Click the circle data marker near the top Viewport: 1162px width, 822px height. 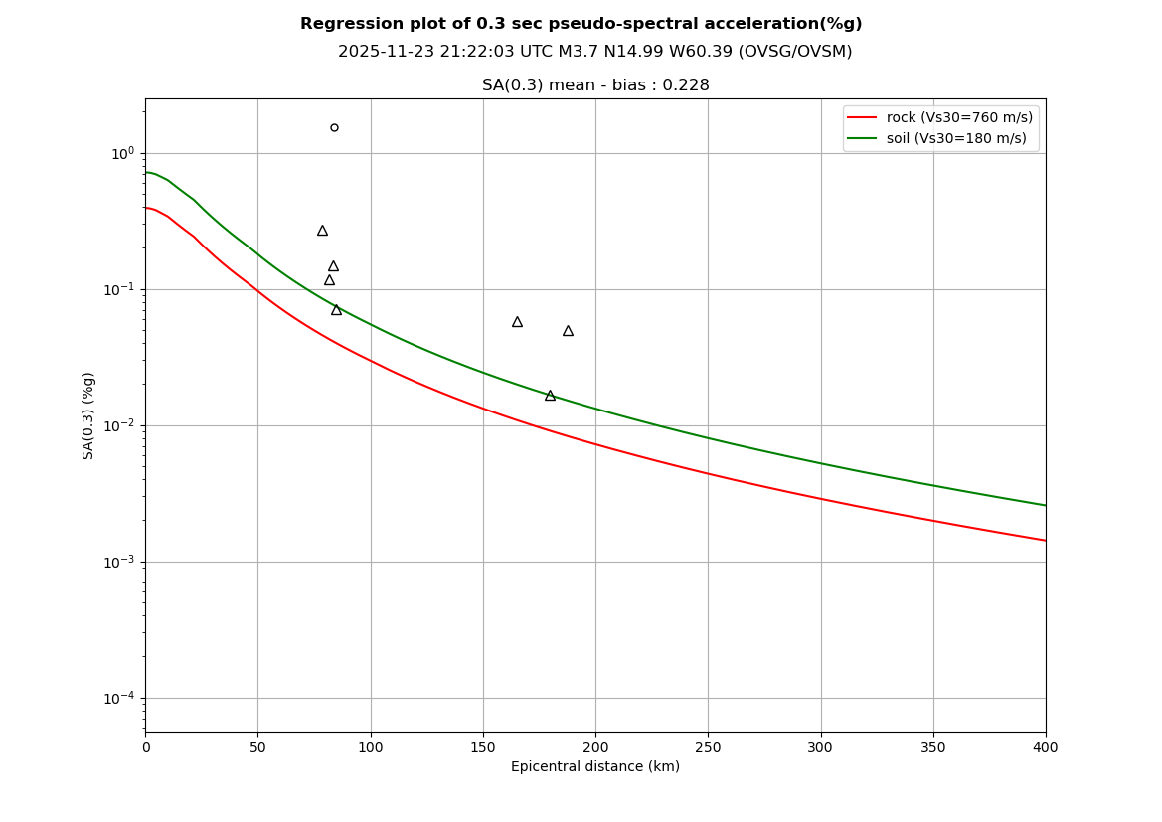click(334, 127)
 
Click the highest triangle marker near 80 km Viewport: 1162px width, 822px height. click(322, 231)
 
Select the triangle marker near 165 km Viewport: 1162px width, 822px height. click(517, 322)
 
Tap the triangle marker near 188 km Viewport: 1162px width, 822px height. click(568, 331)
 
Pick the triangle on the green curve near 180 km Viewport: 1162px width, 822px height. click(550, 396)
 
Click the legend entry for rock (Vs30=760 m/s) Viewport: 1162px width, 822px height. click(959, 117)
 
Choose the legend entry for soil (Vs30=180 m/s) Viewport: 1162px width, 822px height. click(956, 138)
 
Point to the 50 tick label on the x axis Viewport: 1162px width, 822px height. click(257, 747)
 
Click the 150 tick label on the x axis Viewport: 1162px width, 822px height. click(483, 747)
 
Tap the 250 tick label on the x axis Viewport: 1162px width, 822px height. click(708, 747)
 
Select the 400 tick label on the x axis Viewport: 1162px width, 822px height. click(1045, 747)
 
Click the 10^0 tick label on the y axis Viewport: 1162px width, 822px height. click(122, 153)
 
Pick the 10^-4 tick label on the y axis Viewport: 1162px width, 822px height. click(119, 698)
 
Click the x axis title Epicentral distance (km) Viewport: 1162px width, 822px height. click(595, 767)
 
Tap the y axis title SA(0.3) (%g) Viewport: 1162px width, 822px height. click(88, 415)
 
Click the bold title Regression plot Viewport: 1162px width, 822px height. click(581, 24)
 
